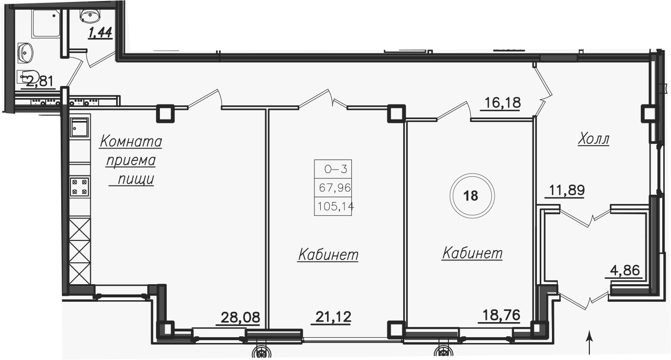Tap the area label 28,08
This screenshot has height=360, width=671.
pos(240,317)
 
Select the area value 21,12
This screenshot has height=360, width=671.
pos(333,317)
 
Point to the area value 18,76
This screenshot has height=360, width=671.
pos(501,315)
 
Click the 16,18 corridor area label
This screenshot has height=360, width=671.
pos(503,103)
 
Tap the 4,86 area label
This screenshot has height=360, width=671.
pos(625,271)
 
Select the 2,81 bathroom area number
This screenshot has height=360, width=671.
pos(40,81)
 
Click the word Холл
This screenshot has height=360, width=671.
pos(593,139)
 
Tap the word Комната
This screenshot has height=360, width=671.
pos(131,141)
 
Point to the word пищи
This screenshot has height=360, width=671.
pos(136,179)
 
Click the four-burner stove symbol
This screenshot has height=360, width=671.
pos(80,187)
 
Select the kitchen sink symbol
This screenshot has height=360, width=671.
pos(80,127)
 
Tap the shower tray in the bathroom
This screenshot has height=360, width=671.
pos(46,24)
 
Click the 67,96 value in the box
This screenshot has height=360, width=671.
pos(335,188)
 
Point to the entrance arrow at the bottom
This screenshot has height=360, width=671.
pos(590,343)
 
